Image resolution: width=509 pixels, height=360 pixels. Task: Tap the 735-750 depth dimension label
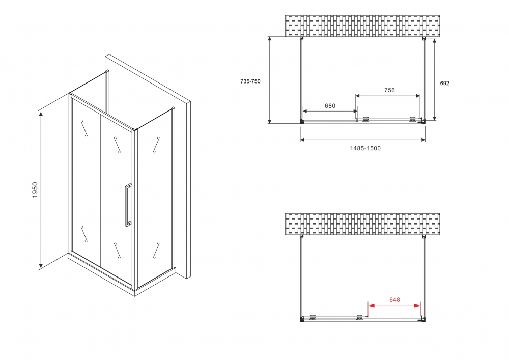[x=250, y=81]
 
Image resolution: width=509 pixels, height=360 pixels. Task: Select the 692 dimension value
[x=444, y=83]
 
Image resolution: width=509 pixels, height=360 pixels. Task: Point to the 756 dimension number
[x=389, y=90]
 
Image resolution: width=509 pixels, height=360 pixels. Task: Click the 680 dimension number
[x=330, y=106]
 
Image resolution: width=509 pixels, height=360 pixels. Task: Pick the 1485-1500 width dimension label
[x=365, y=148]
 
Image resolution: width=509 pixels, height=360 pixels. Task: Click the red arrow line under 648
[x=394, y=306]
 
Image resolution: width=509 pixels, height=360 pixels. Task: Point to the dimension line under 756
[x=388, y=96]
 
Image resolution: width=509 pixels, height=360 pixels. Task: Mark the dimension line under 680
[x=330, y=111]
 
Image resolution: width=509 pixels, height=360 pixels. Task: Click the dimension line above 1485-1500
[x=362, y=140]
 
